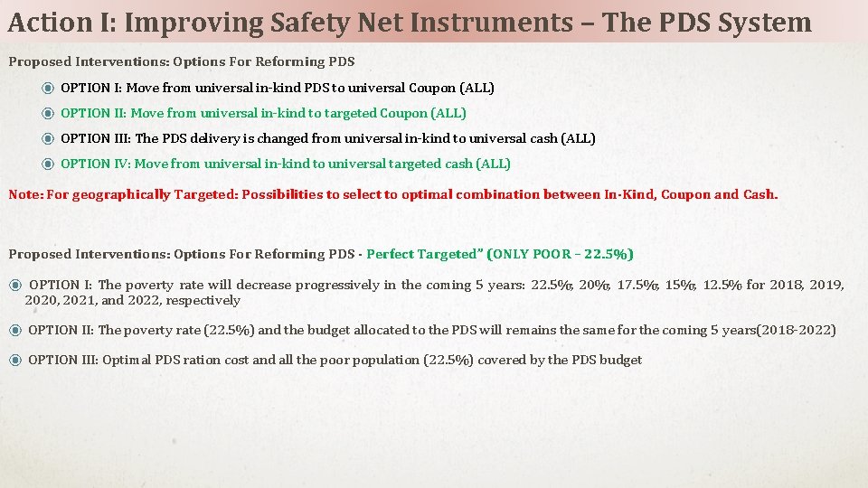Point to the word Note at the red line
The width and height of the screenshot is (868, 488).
[x=24, y=194]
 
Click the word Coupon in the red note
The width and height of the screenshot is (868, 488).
[x=685, y=194]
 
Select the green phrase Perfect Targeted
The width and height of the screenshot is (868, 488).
[x=420, y=254]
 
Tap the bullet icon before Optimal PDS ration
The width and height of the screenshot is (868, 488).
[x=15, y=360]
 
